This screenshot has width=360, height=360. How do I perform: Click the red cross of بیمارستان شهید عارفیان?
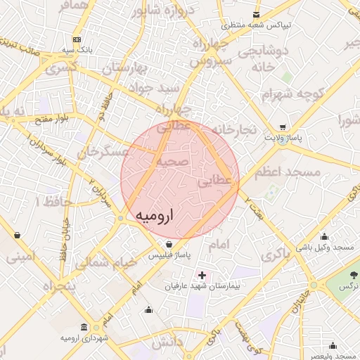coord(203,274)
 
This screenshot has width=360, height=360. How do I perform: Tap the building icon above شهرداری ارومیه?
coord(84,328)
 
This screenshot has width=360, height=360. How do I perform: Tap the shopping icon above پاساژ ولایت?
coord(283,127)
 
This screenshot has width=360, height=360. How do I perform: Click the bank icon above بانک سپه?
coord(77,39)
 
